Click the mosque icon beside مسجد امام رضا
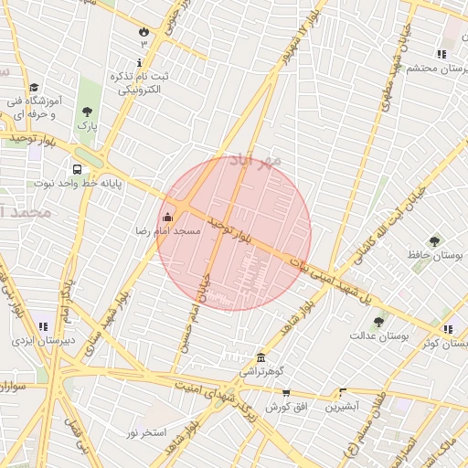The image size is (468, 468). pos(166,218)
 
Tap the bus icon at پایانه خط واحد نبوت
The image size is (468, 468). pos(77,169)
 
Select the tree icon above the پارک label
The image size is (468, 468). pos(87,112)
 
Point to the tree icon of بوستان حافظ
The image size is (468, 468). pos(434,241)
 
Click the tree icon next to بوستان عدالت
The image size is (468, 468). pos(378,322)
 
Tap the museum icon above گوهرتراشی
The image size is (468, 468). pos(261,357)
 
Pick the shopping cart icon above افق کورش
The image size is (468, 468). pos(286,392)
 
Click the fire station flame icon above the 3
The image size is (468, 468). pos(144,32)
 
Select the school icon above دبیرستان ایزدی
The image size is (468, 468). pos(43,326)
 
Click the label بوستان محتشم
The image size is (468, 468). pos(438,69)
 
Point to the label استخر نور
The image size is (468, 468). pos(145,431)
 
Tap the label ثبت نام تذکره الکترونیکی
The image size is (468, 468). pos(138,82)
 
